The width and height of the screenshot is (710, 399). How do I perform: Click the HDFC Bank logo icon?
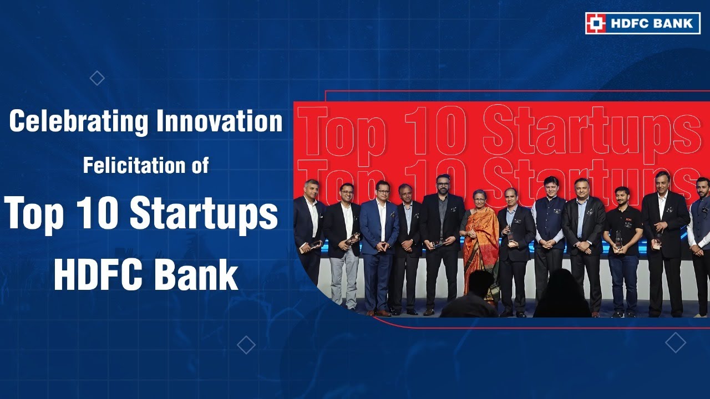point(596,23)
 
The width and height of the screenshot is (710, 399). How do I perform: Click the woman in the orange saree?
point(480,244)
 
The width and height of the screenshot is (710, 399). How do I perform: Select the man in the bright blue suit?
point(379,244)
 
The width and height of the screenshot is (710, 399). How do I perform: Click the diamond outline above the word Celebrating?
point(97,79)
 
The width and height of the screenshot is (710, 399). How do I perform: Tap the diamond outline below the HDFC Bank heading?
point(246,345)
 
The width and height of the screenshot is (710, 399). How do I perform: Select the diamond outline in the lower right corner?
point(675,342)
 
